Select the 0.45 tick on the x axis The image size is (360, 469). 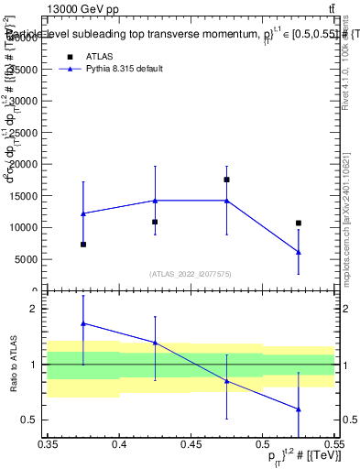tap(191, 443)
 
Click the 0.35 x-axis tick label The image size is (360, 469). tap(48, 443)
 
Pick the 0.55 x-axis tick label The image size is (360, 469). tap(333, 443)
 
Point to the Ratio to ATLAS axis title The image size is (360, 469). tap(14, 365)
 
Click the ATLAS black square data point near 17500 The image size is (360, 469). tap(226, 180)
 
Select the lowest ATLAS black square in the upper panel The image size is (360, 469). tap(83, 245)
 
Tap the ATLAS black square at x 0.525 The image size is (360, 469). tap(298, 223)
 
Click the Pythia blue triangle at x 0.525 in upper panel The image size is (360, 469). tap(298, 252)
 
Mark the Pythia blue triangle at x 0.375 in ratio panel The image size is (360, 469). tap(83, 323)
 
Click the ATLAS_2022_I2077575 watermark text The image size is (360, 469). tap(191, 273)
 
